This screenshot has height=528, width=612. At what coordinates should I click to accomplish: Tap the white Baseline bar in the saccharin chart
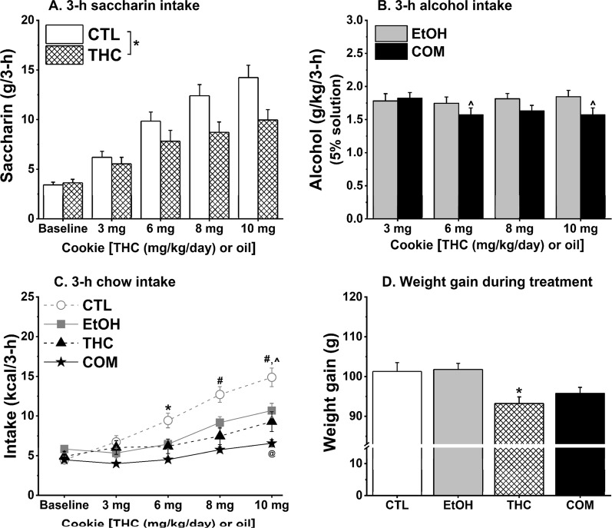[53, 201]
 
